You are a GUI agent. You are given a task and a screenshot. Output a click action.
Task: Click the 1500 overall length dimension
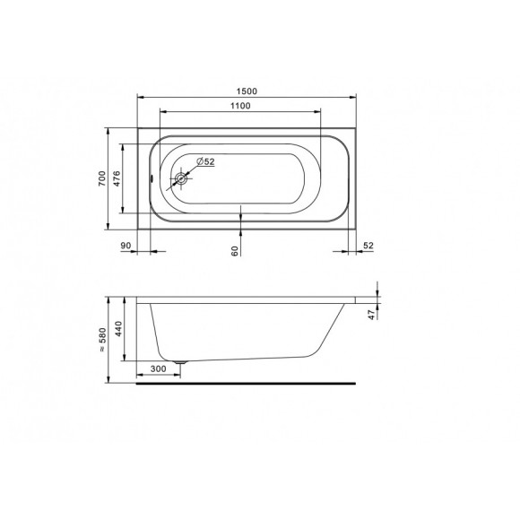click(247, 91)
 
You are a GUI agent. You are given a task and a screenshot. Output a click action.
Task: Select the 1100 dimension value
click(240, 106)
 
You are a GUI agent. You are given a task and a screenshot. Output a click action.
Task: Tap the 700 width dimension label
click(102, 178)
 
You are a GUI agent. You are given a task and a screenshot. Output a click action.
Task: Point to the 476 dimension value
click(117, 178)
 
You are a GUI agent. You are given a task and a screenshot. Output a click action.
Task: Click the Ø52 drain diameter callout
click(205, 161)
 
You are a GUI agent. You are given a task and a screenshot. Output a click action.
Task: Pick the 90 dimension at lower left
click(126, 246)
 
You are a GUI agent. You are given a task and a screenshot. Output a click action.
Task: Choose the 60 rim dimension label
click(235, 251)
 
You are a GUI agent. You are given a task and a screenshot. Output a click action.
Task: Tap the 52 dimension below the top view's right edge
click(368, 246)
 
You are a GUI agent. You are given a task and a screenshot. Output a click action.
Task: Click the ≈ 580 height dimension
click(103, 340)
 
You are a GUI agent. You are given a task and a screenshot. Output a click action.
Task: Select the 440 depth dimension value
click(118, 329)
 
